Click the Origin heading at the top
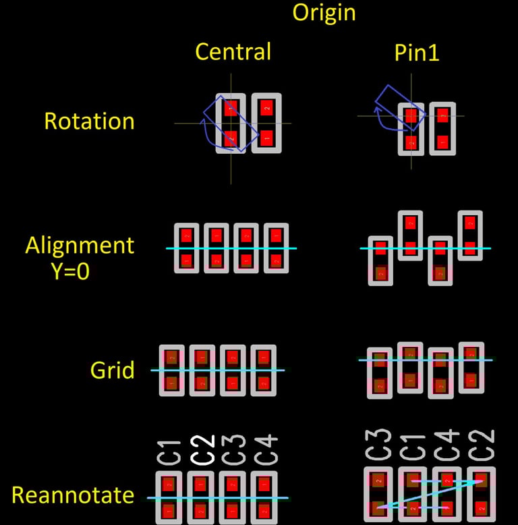tap(324, 12)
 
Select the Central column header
tap(233, 52)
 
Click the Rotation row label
tap(89, 121)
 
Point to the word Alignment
tap(80, 245)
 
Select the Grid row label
tap(113, 370)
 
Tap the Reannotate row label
tap(73, 496)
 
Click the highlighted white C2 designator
tap(202, 450)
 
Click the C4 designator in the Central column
tap(266, 450)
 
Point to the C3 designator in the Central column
tap(233, 450)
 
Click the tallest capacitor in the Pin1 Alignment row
tap(410, 236)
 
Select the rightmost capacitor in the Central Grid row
tap(264, 370)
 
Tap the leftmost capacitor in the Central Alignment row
tap(187, 248)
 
